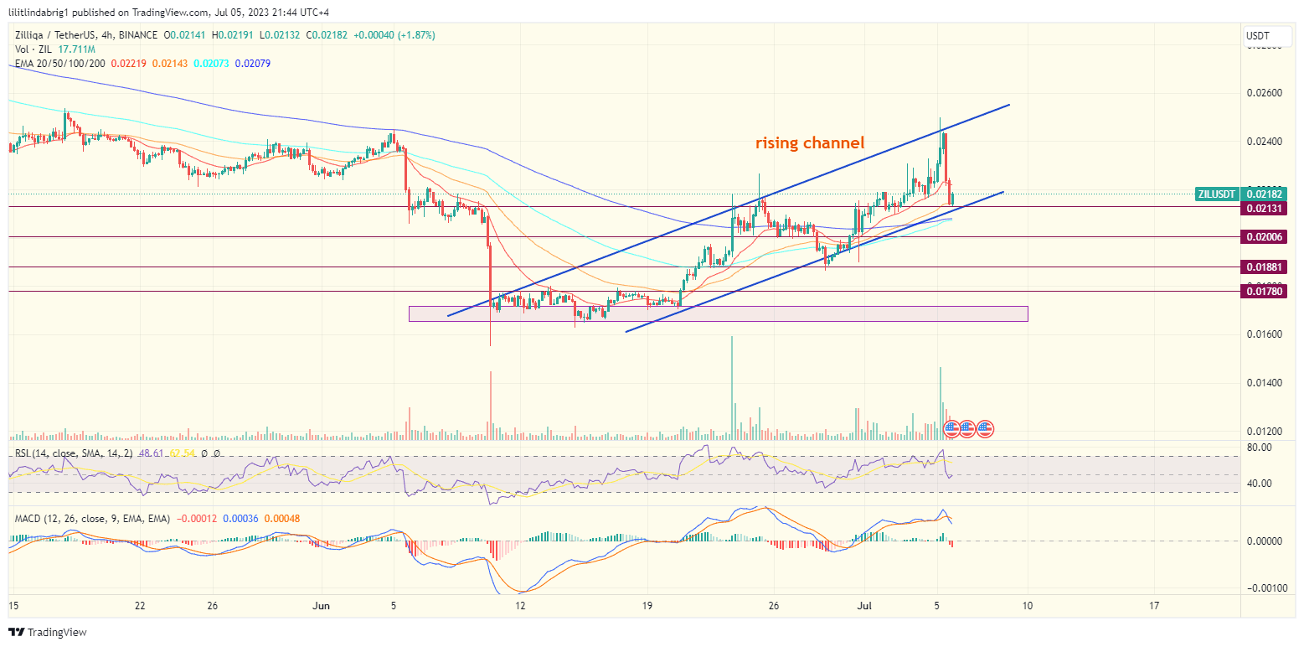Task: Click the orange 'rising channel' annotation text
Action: tap(809, 143)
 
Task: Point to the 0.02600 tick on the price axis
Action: tap(1265, 92)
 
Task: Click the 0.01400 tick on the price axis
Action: tap(1265, 383)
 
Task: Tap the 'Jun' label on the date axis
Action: tap(317, 605)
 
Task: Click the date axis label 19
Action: tap(647, 605)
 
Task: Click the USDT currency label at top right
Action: tap(1258, 36)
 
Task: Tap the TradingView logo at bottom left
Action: tap(48, 632)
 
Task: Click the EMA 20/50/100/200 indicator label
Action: tap(60, 64)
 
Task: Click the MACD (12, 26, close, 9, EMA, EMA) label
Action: tap(92, 519)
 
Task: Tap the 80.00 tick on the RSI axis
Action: tap(1260, 448)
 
